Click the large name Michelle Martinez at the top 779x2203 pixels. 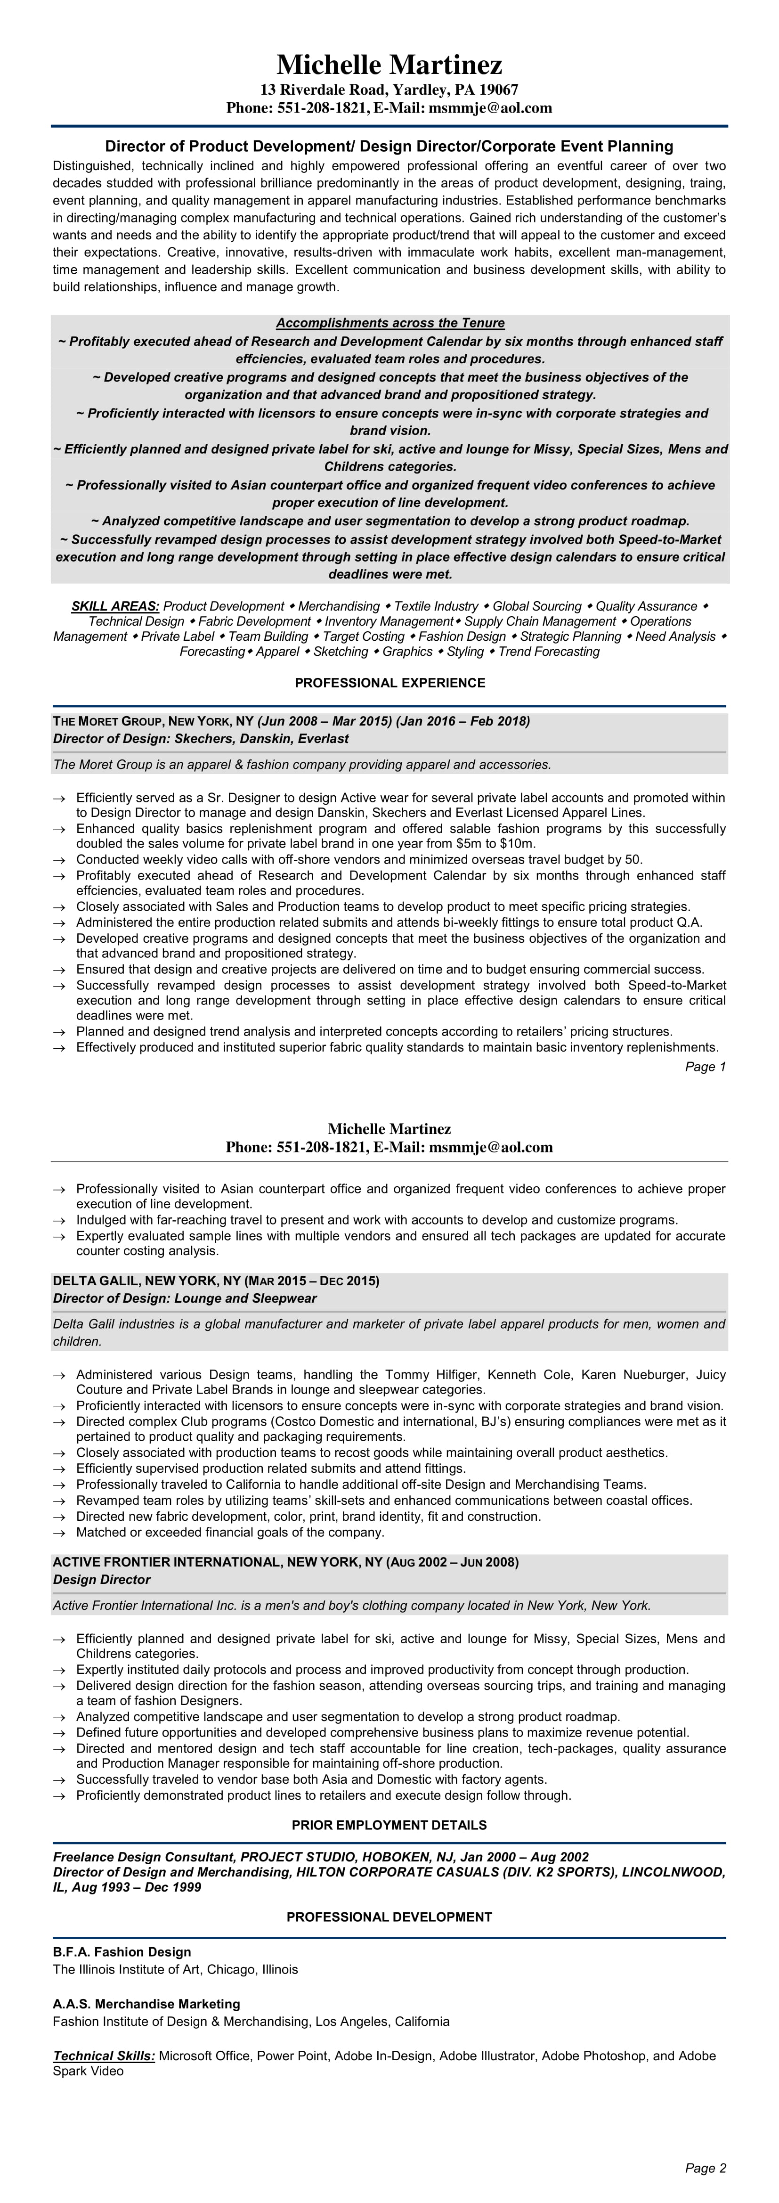pos(389,64)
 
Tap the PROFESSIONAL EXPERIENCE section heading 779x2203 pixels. pos(389,683)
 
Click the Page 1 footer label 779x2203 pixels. pos(706,1067)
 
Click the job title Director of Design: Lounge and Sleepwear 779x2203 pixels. pos(185,1298)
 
